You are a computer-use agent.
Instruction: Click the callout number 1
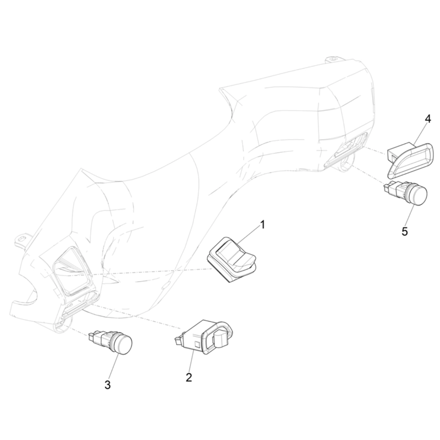263,224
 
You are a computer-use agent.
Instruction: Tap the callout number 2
189,377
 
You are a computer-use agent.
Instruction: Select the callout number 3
107,384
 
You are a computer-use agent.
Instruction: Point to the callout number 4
427,119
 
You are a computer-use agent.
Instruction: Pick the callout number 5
405,232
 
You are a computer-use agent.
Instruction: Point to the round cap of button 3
122,344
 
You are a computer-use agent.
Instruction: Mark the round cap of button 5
417,195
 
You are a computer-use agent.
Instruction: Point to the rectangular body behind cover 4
398,152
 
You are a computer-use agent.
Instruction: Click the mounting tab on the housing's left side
21,239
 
